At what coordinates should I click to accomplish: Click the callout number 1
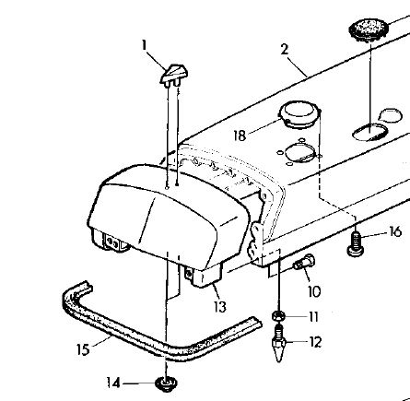tap(144, 45)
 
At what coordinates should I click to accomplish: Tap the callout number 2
tap(285, 49)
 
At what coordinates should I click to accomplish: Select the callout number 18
tap(240, 136)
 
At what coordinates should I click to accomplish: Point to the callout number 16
tap(395, 231)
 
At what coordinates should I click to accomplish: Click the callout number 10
tap(314, 291)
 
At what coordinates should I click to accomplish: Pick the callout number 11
tap(313, 317)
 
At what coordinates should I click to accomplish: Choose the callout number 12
tap(315, 342)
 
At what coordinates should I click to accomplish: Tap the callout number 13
tap(220, 307)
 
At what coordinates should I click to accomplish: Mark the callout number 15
tap(83, 349)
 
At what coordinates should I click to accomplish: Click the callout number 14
tap(113, 383)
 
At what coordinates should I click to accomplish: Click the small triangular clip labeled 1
tap(174, 75)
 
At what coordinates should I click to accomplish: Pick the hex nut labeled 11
tap(278, 316)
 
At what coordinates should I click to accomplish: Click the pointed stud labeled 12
tap(278, 344)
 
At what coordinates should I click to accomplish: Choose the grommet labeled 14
tap(167, 384)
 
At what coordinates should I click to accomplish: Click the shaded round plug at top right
tap(369, 29)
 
